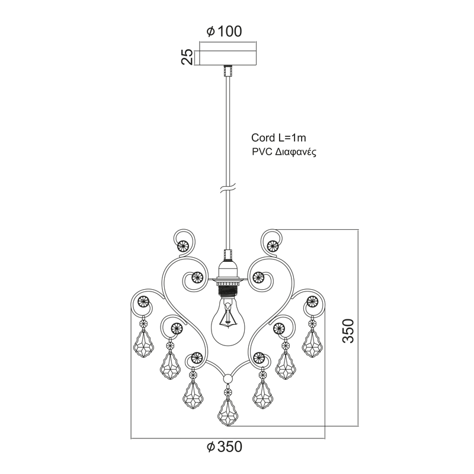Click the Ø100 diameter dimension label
click(x=224, y=31)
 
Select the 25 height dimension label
click(x=187, y=56)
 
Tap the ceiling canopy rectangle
click(x=228, y=57)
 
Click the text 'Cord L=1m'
click(x=278, y=138)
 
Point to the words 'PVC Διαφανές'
click(x=284, y=152)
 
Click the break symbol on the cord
click(x=228, y=189)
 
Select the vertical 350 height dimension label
click(x=348, y=331)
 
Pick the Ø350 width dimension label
click(x=225, y=447)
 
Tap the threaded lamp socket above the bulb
click(x=228, y=289)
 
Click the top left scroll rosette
click(x=183, y=245)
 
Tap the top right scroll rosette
click(x=273, y=245)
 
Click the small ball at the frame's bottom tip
click(x=228, y=379)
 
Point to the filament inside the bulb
click(x=228, y=316)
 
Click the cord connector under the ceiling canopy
click(x=228, y=71)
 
